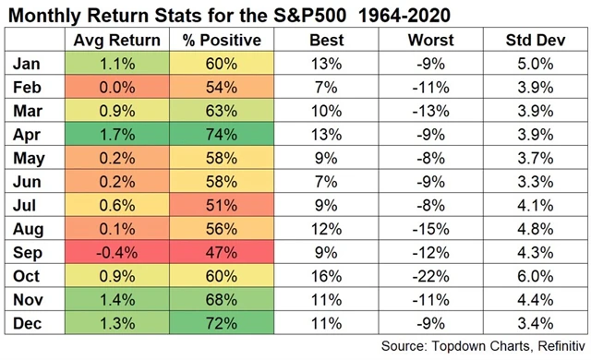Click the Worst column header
426,41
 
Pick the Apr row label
28,134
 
